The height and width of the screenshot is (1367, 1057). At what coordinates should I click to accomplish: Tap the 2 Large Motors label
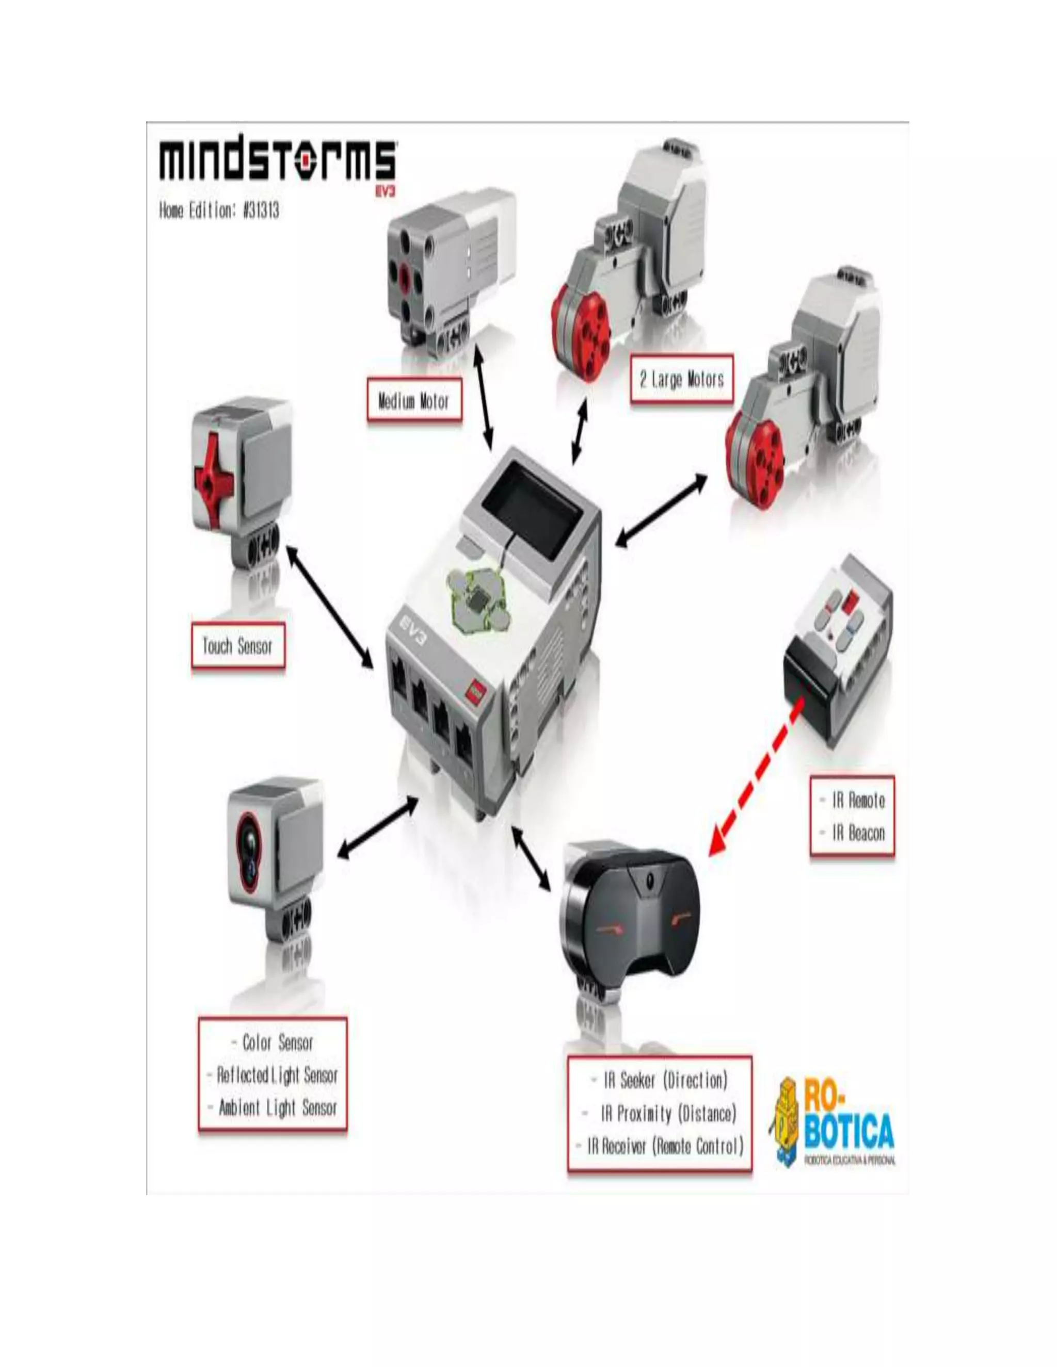tap(681, 379)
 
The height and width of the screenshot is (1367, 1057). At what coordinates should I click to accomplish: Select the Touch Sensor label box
tap(237, 646)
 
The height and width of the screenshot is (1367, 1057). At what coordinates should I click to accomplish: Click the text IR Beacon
tap(858, 833)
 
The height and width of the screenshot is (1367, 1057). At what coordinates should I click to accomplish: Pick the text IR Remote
tap(858, 801)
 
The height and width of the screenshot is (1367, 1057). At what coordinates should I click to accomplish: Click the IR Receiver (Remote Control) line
tap(664, 1147)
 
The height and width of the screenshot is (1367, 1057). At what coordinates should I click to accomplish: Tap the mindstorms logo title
tap(277, 161)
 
